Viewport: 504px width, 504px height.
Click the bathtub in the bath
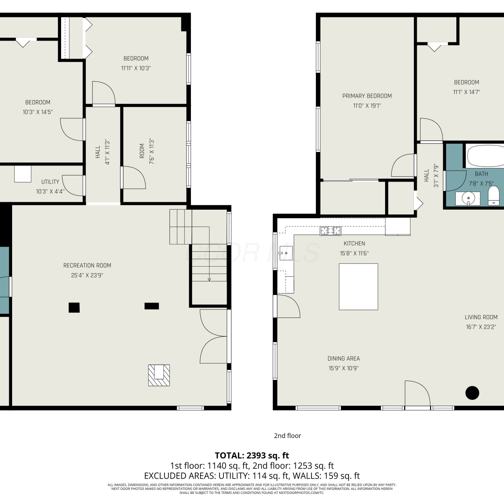coord(485,156)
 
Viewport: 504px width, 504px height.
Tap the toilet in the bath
coord(494,195)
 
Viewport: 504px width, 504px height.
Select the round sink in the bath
coord(468,198)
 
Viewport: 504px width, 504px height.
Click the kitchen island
coord(359,287)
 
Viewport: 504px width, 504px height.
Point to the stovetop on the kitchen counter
coord(331,230)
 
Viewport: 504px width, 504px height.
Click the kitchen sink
coord(286,253)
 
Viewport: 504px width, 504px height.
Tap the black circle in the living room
coord(472,393)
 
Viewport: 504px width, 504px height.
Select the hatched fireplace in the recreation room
coord(159,375)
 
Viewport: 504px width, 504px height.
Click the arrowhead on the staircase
coord(209,279)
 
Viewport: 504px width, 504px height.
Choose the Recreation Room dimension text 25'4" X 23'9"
coord(87,275)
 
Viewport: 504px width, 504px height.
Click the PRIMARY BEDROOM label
coord(367,96)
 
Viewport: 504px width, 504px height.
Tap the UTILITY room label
coord(50,182)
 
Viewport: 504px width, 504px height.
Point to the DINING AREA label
coord(344,359)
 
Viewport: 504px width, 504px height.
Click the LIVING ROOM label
coord(481,317)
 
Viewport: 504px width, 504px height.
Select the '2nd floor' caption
coord(288,436)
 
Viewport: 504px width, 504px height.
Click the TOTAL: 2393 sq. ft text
coord(252,456)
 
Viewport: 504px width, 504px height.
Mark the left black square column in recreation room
coord(74,307)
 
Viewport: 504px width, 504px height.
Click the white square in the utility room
coord(23,174)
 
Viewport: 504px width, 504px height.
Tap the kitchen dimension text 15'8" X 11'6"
coord(354,253)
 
